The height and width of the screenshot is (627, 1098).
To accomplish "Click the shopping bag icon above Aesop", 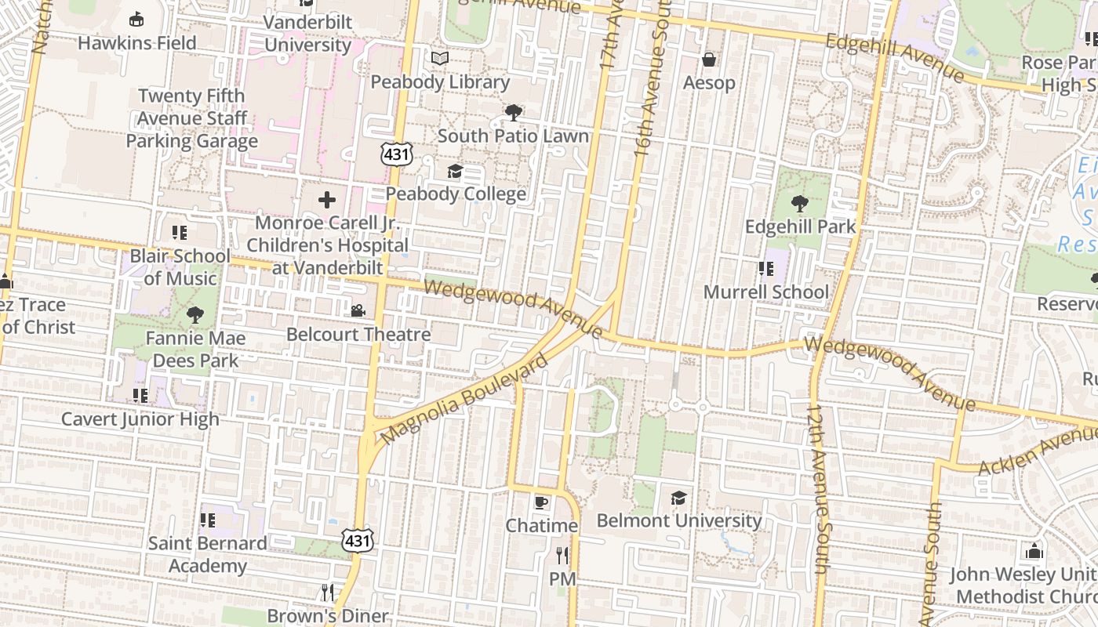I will pyautogui.click(x=709, y=60).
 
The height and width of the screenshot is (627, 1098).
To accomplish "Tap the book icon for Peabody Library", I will pyautogui.click(x=440, y=59).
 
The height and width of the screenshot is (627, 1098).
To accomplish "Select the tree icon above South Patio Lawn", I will pyautogui.click(x=514, y=113).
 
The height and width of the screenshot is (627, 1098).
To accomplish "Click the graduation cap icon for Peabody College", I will pyautogui.click(x=455, y=171).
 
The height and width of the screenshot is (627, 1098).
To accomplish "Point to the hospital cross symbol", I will pyautogui.click(x=327, y=200).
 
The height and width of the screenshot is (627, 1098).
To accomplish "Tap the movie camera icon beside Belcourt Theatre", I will pyautogui.click(x=358, y=311).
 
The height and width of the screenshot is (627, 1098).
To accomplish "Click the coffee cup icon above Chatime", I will pyautogui.click(x=541, y=502).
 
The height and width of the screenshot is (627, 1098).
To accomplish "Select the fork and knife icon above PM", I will pyautogui.click(x=562, y=556).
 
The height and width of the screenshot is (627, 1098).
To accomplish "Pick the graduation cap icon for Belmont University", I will pyautogui.click(x=679, y=498).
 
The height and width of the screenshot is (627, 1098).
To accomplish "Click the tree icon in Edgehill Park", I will pyautogui.click(x=800, y=204).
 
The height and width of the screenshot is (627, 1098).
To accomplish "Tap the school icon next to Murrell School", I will pyautogui.click(x=766, y=270).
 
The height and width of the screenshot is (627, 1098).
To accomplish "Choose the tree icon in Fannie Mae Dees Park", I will pyautogui.click(x=195, y=315).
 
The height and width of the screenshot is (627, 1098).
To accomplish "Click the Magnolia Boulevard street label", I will pyautogui.click(x=465, y=399).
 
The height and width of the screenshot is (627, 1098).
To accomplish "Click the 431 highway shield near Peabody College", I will pyautogui.click(x=397, y=154).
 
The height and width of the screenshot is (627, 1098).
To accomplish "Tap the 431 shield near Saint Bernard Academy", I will pyautogui.click(x=357, y=540).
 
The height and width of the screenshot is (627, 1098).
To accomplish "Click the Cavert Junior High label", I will pyautogui.click(x=140, y=419).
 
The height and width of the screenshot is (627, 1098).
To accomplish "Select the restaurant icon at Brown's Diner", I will pyautogui.click(x=328, y=592).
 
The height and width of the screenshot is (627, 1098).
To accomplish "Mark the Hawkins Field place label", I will pyautogui.click(x=137, y=43).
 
